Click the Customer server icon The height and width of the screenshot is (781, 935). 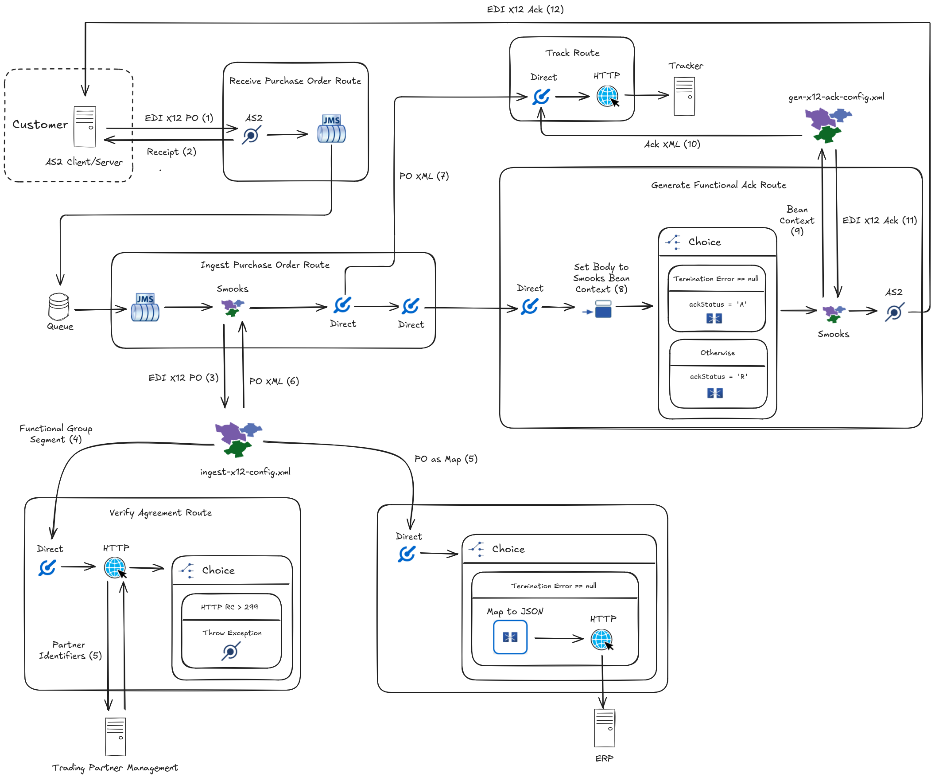pos(85,126)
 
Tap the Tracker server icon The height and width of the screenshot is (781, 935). pos(684,96)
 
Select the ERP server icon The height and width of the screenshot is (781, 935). pos(604,728)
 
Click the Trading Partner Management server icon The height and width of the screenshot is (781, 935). pos(115,737)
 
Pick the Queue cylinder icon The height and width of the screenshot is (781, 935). pos(58,307)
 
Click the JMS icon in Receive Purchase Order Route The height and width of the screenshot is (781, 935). pos(331,129)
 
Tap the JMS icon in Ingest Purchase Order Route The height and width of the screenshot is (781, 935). pos(145,308)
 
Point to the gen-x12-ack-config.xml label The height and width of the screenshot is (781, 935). pos(836,97)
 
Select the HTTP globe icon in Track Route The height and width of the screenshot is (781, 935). pos(607,96)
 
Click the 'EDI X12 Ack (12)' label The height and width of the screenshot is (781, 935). pos(525,9)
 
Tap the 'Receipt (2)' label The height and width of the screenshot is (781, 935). pos(171,152)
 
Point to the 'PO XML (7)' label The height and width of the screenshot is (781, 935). pos(424,176)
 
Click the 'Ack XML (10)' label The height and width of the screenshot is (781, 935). pos(672,144)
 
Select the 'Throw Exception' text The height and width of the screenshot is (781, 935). pos(232,633)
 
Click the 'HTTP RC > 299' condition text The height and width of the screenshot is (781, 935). pos(229,607)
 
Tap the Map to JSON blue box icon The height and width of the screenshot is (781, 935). pos(510,637)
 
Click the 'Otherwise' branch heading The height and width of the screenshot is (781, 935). pos(717,353)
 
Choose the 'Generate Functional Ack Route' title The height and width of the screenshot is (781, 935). pos(718,185)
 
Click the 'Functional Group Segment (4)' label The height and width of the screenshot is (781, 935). pos(56,434)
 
